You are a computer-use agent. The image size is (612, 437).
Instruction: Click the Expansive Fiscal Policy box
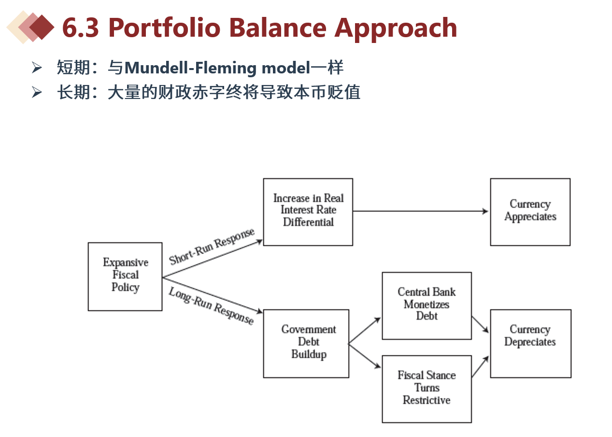click(x=125, y=276)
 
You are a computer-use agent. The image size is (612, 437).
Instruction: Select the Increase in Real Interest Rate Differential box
click(x=308, y=211)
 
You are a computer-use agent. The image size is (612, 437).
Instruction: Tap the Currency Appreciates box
click(x=530, y=211)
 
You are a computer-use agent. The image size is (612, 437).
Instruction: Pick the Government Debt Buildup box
click(x=306, y=343)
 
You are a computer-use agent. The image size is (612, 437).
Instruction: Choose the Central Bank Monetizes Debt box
click(x=427, y=305)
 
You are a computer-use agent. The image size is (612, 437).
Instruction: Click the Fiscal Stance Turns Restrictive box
click(x=427, y=389)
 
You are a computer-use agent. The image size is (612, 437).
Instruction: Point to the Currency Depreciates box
click(x=530, y=343)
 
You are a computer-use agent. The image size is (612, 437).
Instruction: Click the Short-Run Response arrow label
click(x=212, y=246)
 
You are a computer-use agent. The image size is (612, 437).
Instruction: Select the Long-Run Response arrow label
click(x=211, y=306)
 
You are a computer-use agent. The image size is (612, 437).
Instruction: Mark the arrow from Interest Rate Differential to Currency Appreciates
click(x=420, y=211)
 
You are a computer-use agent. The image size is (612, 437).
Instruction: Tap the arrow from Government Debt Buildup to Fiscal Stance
click(x=365, y=356)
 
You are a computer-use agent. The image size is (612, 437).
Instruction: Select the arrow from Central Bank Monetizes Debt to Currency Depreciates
click(x=480, y=324)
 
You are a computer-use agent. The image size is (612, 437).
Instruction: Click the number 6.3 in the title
click(x=81, y=28)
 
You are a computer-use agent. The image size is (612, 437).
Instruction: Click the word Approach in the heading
click(x=396, y=28)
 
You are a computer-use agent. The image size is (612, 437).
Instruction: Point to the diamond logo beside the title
click(x=30, y=28)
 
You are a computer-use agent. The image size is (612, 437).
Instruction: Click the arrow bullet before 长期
click(x=37, y=92)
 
